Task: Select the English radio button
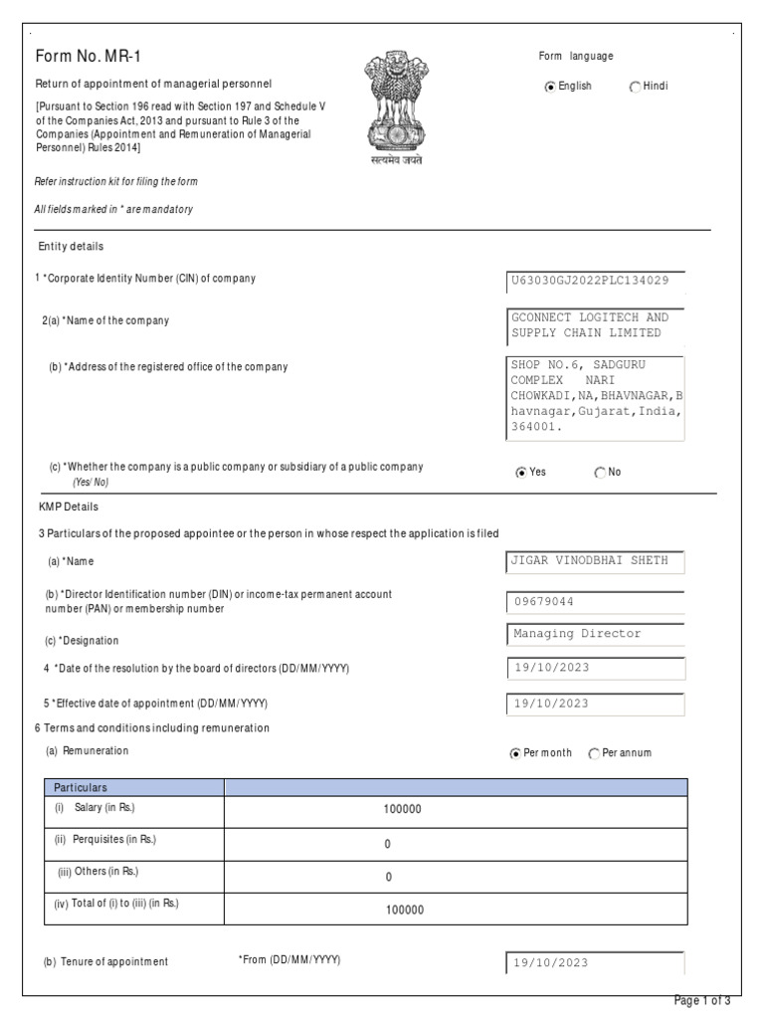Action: coord(550,88)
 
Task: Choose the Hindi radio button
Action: coord(635,88)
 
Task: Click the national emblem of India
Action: coord(396,108)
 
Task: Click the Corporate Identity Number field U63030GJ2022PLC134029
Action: coord(596,280)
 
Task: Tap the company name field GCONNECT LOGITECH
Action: coord(596,324)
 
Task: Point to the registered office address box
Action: coord(596,397)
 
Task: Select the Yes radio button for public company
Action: coord(521,473)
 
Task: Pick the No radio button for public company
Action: coord(600,473)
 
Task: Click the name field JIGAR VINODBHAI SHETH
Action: coord(596,561)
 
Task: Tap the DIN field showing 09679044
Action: coord(596,602)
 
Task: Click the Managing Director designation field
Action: coord(596,634)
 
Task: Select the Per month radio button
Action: coord(515,754)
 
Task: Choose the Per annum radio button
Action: coord(595,754)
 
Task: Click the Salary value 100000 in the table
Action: coord(403,810)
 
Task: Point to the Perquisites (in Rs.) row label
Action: coord(105,840)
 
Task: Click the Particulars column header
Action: coord(81,787)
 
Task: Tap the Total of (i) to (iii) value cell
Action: coord(403,910)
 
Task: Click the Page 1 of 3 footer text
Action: coord(702,1001)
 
